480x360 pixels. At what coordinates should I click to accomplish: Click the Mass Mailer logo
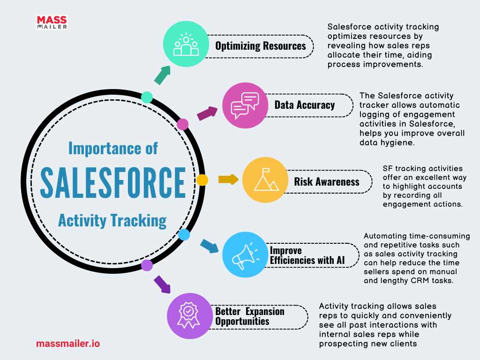[52, 22]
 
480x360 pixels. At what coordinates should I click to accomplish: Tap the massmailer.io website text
[68, 344]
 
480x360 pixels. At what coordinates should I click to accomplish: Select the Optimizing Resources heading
[261, 46]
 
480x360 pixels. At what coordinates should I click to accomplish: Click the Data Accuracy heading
[305, 105]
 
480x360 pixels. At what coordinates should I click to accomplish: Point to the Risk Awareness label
[327, 181]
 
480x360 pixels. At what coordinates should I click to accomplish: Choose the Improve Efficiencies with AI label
[307, 255]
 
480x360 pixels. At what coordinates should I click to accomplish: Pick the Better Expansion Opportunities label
[250, 316]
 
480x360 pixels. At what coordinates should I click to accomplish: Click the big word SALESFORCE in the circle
[113, 182]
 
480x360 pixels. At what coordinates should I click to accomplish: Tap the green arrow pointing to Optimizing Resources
[162, 75]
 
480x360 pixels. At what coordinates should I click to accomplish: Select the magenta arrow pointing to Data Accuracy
[207, 113]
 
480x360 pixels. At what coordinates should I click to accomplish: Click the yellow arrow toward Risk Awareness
[228, 180]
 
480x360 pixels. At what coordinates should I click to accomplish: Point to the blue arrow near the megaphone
[210, 246]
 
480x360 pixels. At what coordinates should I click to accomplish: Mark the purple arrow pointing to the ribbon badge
[162, 285]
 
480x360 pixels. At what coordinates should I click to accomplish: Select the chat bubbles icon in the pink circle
[245, 105]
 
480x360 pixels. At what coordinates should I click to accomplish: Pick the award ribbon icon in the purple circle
[188, 315]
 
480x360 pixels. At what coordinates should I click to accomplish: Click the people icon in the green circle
[186, 45]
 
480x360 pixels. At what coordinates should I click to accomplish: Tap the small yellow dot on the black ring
[202, 180]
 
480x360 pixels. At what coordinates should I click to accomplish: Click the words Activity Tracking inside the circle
[112, 221]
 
